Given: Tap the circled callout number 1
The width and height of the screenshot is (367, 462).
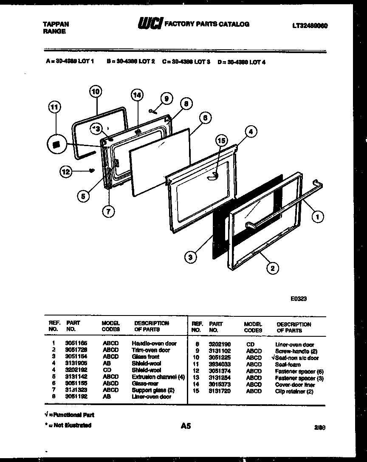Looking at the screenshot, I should coord(317,217).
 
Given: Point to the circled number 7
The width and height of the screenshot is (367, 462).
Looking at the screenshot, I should coord(109,213).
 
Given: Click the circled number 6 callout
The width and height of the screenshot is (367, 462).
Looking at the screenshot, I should coord(205,118).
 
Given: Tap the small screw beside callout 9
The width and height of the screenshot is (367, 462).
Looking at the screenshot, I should coord(153,112).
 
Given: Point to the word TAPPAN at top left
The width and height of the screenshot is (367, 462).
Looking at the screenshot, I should coord(56,25).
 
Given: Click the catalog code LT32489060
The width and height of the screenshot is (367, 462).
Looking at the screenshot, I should coord(310,25).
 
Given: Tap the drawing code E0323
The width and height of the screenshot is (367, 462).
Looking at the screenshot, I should coord(299,299).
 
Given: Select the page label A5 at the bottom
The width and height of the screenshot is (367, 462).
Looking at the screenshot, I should coord(186,425).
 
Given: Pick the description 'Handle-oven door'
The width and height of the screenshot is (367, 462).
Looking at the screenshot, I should coord(154,343).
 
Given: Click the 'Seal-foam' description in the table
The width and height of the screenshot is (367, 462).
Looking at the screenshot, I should coord(288,364).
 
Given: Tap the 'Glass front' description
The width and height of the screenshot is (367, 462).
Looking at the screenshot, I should coord(145,357).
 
